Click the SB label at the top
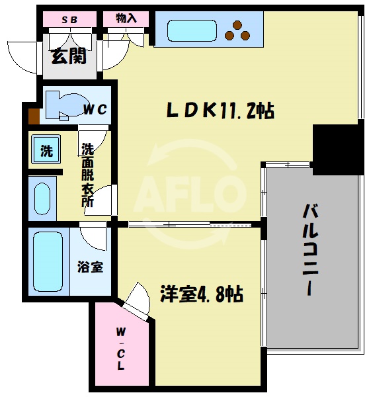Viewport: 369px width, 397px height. point(69,19)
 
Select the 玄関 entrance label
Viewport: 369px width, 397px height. point(69,57)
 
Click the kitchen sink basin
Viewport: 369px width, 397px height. point(192,30)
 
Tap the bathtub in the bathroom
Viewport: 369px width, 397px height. point(47,261)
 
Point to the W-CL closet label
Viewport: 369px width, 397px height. point(123,347)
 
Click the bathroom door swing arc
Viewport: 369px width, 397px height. point(93,235)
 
